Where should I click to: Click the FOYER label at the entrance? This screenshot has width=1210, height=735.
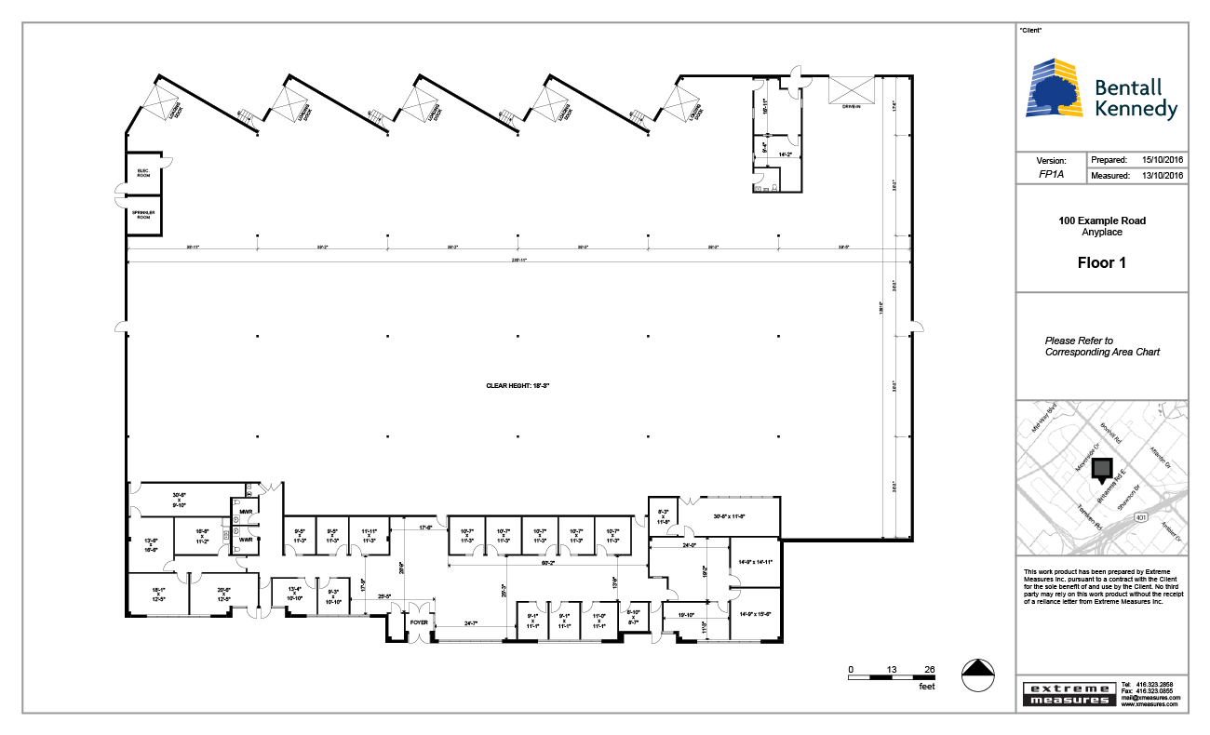tap(419, 623)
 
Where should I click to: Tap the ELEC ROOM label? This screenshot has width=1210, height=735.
tap(143, 172)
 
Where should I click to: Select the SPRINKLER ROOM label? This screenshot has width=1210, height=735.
tap(143, 214)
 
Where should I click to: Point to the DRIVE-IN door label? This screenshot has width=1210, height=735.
tap(853, 107)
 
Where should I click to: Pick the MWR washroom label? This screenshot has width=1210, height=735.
tap(246, 512)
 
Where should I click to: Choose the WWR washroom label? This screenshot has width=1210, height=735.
tap(246, 539)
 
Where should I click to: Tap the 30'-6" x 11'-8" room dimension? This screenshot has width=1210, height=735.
tap(729, 516)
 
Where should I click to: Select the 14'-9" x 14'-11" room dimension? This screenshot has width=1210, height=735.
tap(755, 562)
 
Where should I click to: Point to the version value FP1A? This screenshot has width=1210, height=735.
tap(1051, 175)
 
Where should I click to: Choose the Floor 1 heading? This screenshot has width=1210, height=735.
tap(1101, 262)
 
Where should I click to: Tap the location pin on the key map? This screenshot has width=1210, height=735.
tap(1103, 470)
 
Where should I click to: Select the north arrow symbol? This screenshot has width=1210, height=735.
tap(976, 675)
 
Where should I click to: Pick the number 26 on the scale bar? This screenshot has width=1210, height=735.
tap(929, 669)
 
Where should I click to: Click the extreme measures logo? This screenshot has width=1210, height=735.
tap(1069, 693)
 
